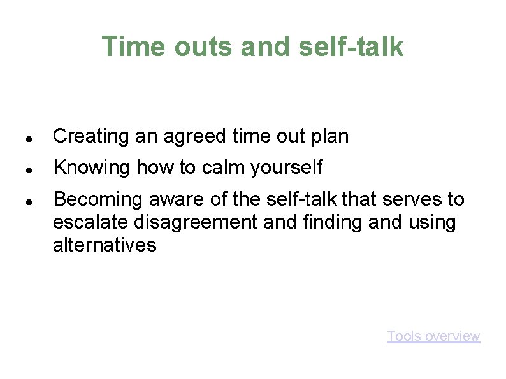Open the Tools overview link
[433, 336]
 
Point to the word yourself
[287, 168]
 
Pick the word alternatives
[105, 245]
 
